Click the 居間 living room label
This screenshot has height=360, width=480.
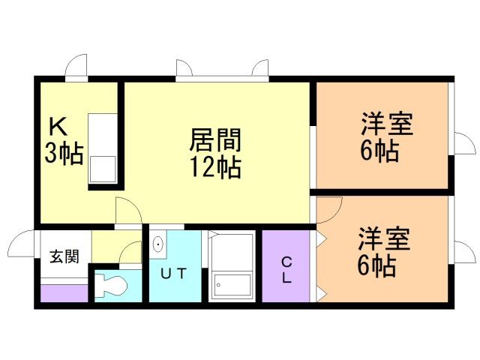pyautogui.click(x=215, y=140)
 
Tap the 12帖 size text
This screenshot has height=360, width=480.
pyautogui.click(x=215, y=167)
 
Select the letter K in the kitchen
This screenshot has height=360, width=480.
pyautogui.click(x=58, y=127)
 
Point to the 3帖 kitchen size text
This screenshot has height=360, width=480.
pyautogui.click(x=64, y=153)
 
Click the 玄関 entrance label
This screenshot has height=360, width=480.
pyautogui.click(x=64, y=256)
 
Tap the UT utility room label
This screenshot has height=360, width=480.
pyautogui.click(x=173, y=273)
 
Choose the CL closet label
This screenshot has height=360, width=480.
pyautogui.click(x=286, y=270)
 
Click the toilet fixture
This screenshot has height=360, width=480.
pyautogui.click(x=110, y=285)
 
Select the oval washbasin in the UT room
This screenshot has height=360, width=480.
pyautogui.click(x=158, y=244)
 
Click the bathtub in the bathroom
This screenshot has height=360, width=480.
pyautogui.click(x=232, y=265)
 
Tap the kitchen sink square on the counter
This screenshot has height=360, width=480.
pyautogui.click(x=103, y=169)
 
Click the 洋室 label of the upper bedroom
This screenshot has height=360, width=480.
pyautogui.click(x=387, y=124)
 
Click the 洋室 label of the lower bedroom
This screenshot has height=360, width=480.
pyautogui.click(x=384, y=238)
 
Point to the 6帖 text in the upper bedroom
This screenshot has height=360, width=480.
pyautogui.click(x=379, y=151)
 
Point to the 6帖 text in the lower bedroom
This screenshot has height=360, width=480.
pyautogui.click(x=376, y=265)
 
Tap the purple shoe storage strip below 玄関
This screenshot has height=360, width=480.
pyautogui.click(x=64, y=293)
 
